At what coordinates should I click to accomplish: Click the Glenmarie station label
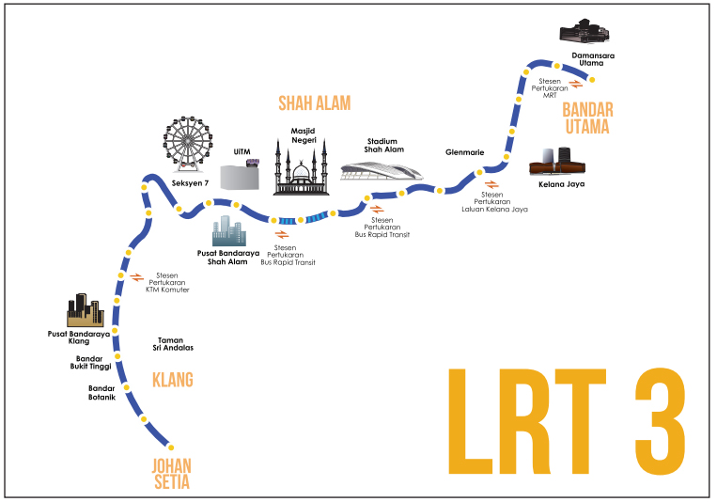pyautogui.click(x=463, y=152)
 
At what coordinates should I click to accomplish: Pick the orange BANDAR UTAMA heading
pyautogui.click(x=586, y=118)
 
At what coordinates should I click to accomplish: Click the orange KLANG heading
pyautogui.click(x=172, y=380)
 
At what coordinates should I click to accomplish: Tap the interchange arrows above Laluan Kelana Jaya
pyautogui.click(x=491, y=183)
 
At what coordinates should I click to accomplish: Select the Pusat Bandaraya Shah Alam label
pyautogui.click(x=223, y=258)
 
